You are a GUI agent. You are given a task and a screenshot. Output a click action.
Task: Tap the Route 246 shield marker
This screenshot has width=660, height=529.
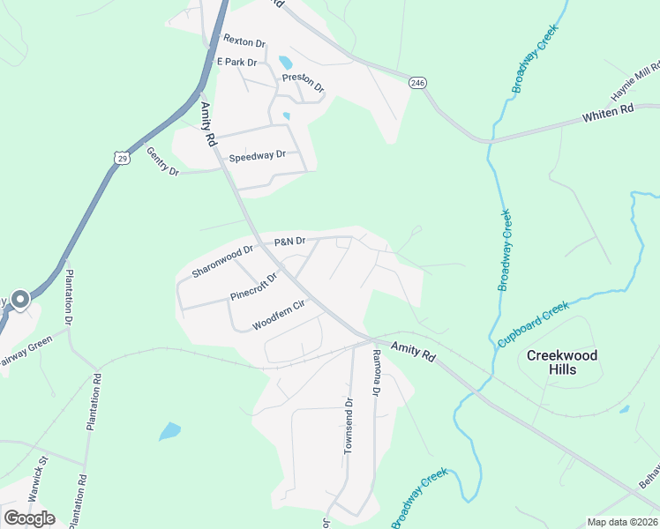click(417, 82)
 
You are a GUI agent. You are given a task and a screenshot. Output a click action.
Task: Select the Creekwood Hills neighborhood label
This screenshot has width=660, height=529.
click(562, 362)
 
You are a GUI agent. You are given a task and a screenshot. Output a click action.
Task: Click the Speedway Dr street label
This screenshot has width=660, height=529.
click(258, 155)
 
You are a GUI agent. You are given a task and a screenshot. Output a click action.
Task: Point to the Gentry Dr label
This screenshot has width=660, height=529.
click(162, 161)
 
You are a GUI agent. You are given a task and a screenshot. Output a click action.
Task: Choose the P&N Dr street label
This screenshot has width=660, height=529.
click(289, 241)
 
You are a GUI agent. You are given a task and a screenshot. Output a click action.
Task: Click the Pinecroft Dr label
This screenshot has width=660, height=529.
click(253, 287)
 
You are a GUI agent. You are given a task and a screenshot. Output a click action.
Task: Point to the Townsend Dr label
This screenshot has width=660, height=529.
click(349, 426)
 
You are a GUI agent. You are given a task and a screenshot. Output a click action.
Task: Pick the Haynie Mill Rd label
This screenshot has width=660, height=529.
click(635, 83)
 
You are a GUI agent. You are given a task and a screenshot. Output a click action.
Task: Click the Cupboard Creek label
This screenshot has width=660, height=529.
click(532, 324)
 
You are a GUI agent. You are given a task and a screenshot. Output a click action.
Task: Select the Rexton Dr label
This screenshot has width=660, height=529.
click(244, 41)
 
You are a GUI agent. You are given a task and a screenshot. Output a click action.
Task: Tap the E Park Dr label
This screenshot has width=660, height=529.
click(236, 63)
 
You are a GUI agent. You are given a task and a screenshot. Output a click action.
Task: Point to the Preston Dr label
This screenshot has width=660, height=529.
click(304, 82)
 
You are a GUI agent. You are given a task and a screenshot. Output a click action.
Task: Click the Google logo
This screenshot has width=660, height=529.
click(29, 518)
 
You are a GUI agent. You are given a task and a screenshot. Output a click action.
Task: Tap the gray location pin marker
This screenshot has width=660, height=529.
click(19, 301)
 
